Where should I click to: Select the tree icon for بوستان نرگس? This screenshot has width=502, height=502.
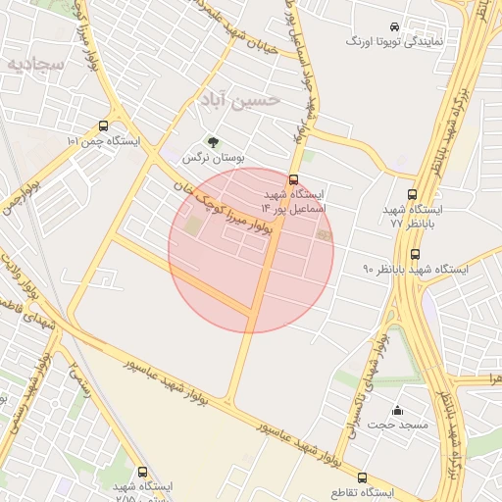coord(214,141)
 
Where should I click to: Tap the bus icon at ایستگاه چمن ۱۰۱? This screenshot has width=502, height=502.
coord(104,126)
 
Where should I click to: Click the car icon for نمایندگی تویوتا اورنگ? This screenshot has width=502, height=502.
coord(393,27)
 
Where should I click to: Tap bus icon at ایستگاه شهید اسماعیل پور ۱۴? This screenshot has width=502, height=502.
coord(294,179)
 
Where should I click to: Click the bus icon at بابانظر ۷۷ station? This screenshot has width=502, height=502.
coord(412,195)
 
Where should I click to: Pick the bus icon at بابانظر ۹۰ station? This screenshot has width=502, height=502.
coord(415,254)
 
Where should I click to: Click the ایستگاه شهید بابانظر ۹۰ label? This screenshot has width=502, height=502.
coord(418,269)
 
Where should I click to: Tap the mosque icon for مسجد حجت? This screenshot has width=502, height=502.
coord(397,410)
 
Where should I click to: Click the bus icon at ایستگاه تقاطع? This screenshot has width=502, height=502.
coord(362,477)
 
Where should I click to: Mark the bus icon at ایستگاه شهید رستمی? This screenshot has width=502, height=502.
coord(143,473)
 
